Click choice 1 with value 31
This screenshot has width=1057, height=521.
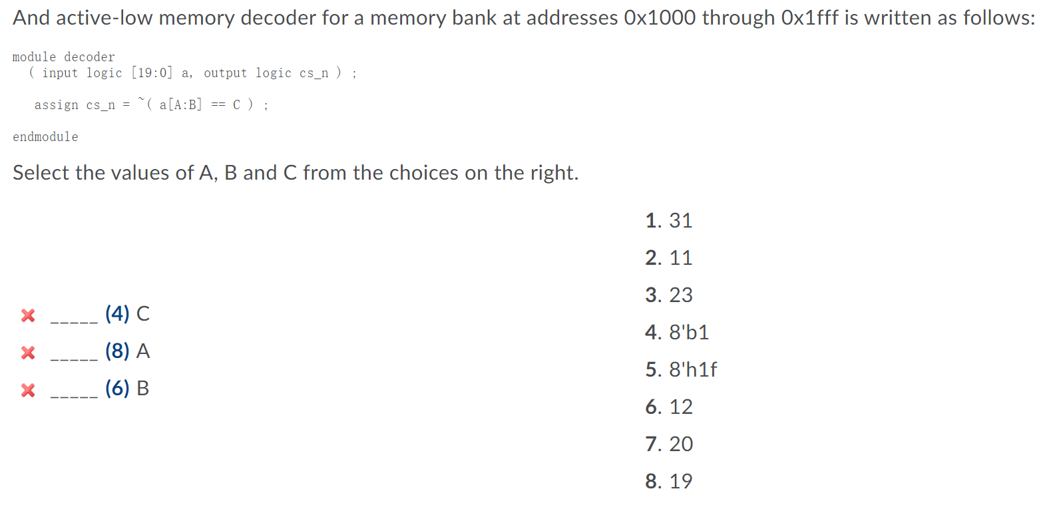point(669,220)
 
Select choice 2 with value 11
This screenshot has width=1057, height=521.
point(669,258)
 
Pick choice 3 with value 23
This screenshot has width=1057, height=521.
point(669,295)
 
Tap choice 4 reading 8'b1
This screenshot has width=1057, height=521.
point(677,332)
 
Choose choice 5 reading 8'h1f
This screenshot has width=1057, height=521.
point(681,369)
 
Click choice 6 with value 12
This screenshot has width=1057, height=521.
point(669,407)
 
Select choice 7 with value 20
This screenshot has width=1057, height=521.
point(669,444)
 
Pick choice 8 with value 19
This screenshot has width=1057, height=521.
point(669,481)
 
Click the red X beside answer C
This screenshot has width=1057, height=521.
point(28,315)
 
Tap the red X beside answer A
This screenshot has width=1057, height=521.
point(28,352)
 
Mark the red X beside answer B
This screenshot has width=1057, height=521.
point(28,389)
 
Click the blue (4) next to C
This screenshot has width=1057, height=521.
point(117,313)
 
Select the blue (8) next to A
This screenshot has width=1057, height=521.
point(117,351)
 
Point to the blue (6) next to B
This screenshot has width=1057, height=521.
point(117,388)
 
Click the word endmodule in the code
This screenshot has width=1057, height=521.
point(45,136)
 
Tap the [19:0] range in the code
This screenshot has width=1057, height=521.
point(152,73)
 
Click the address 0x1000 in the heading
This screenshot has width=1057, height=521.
point(660,17)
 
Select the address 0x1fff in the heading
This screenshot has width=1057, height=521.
point(810,17)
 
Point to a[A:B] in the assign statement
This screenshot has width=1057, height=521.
point(180,104)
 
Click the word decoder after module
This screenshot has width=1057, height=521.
point(89,57)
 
